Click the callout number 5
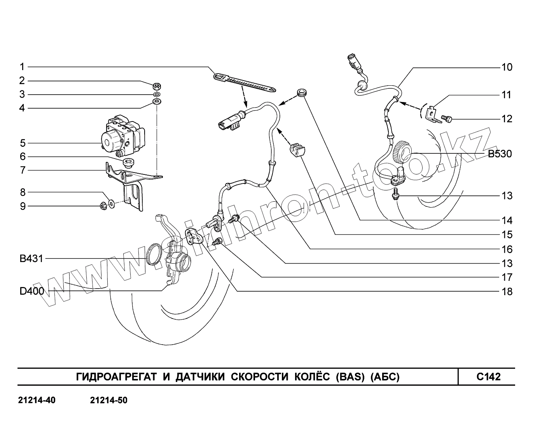pyautogui.click(x=23, y=143)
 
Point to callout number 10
pyautogui.click(x=507, y=67)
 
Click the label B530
pyautogui.click(x=500, y=154)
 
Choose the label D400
pyautogui.click(x=32, y=291)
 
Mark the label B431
pyautogui.click(x=31, y=259)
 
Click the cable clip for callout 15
pyautogui.click(x=297, y=150)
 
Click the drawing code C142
pyautogui.click(x=488, y=377)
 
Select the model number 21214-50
pyautogui.click(x=108, y=400)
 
